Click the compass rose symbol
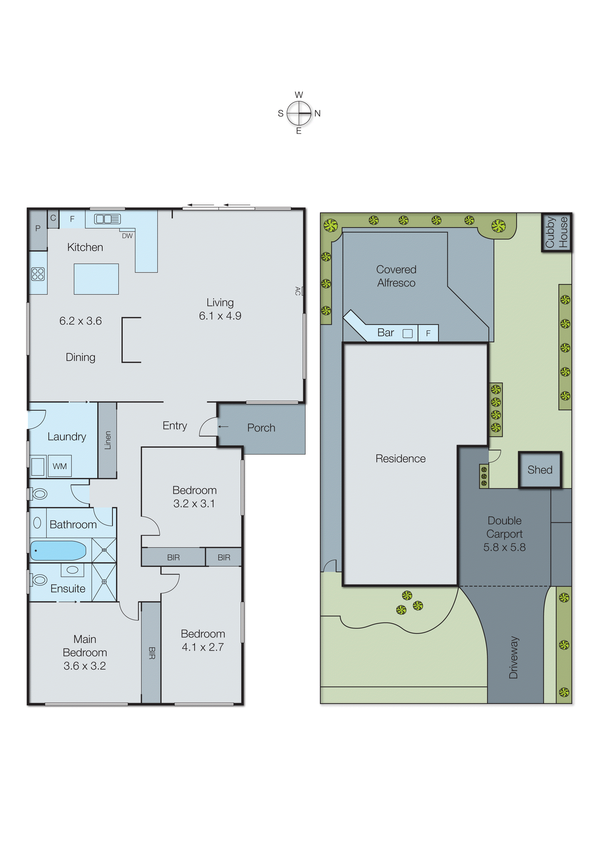[299, 113]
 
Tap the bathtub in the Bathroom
[58, 550]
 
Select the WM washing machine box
[60, 466]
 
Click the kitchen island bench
[96, 279]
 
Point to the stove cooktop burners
[38, 274]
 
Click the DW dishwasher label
[127, 236]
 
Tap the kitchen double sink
[107, 219]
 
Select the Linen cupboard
[107, 440]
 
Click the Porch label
[261, 428]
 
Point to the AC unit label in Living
[298, 291]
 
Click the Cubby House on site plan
[556, 233]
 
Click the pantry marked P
[38, 228]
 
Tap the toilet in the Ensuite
[39, 580]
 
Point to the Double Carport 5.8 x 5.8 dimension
[504, 547]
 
